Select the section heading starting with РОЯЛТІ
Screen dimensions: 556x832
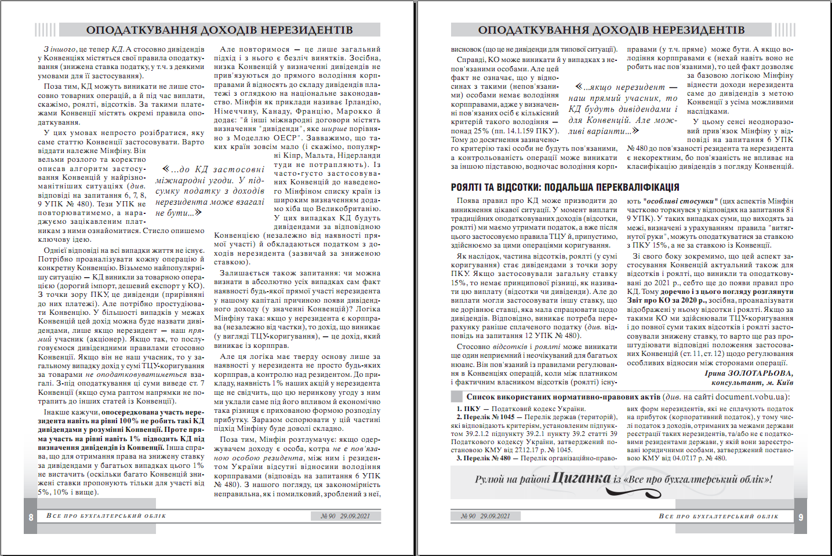[565, 187]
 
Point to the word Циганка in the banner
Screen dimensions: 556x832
[581, 478]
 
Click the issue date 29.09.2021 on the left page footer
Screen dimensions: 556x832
[355, 516]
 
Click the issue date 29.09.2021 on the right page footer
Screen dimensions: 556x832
[495, 516]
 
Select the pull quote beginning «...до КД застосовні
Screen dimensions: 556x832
[210, 191]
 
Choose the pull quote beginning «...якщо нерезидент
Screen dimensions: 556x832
[623, 109]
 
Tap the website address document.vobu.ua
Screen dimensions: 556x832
[750, 397]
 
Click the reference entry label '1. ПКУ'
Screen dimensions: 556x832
[468, 409]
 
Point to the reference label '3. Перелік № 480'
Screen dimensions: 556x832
[483, 458]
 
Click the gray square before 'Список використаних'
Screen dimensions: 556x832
[457, 397]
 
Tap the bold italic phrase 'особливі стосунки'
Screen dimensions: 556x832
[681, 201]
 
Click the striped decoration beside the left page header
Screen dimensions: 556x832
[45, 30]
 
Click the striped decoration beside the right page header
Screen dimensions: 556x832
[785, 30]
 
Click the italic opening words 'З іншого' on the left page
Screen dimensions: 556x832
[59, 49]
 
